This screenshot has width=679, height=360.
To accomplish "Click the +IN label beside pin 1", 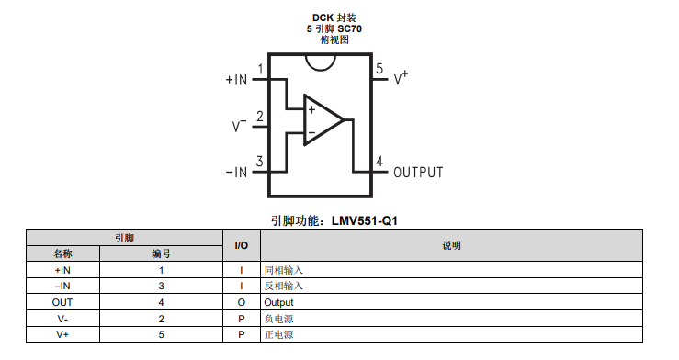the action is (236, 80).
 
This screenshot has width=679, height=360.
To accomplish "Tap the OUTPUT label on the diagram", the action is (418, 173).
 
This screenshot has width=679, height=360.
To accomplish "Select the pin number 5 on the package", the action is (379, 68).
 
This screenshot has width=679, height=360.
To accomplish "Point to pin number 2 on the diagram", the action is (259, 117).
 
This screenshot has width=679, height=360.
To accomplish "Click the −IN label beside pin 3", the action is (236, 173).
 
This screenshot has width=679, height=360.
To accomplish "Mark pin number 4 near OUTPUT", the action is (379, 162).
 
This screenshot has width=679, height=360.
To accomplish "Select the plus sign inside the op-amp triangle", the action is (311, 110).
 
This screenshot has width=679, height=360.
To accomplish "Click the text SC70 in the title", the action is (349, 29).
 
